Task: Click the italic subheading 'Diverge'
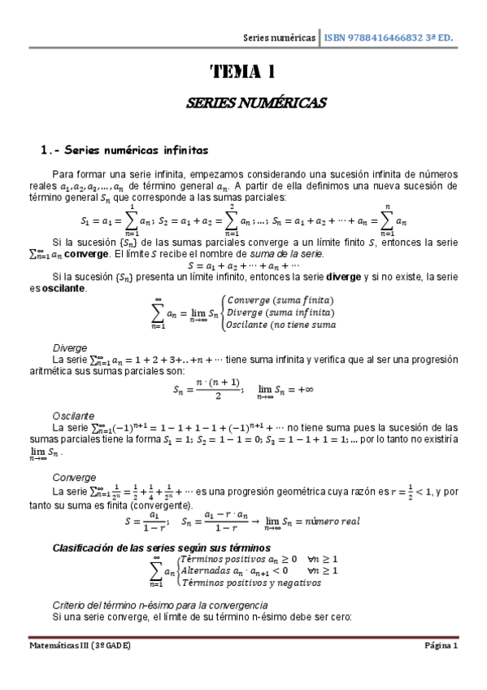[68, 347]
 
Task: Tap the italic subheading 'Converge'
[73, 477]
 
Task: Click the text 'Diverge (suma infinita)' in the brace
[278, 312]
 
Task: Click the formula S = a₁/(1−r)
[146, 521]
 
